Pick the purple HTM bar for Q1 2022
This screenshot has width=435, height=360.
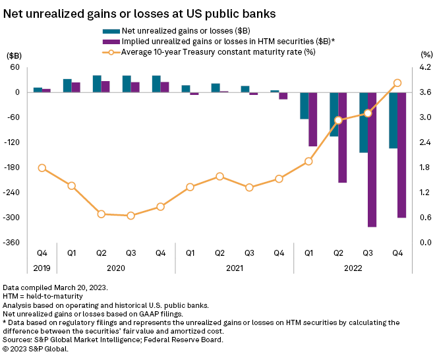pos(312,119)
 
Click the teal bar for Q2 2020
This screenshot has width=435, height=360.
pos(97,84)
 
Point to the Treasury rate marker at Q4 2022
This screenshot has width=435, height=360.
pos(397,83)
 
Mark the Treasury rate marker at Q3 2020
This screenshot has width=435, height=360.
pos(130,216)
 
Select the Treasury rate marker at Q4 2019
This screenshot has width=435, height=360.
pos(42,168)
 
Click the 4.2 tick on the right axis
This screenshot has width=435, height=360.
pos(425,67)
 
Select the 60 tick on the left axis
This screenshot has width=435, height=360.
pos(14,67)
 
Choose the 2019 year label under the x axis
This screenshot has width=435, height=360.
pos(42,268)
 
